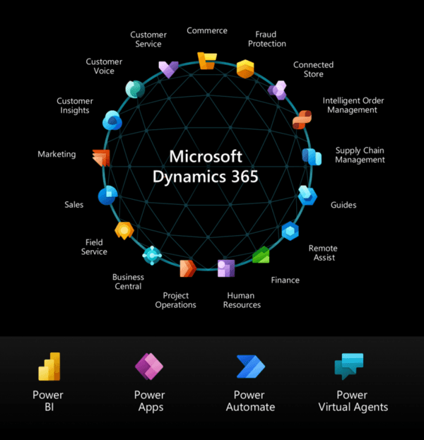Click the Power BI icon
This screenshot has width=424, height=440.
click(x=49, y=367)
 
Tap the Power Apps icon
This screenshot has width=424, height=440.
click(x=149, y=367)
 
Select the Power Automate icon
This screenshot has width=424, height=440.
click(x=250, y=367)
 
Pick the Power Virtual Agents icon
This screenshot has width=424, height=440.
click(x=349, y=367)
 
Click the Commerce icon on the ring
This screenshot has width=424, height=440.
click(x=207, y=61)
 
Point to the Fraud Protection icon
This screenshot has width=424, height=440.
click(x=245, y=69)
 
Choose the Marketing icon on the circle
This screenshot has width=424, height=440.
click(x=101, y=157)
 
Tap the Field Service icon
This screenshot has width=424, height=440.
click(x=124, y=231)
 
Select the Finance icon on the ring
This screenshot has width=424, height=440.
click(x=261, y=255)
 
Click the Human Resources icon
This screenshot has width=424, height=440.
click(x=226, y=268)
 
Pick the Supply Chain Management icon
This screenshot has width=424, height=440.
click(x=312, y=157)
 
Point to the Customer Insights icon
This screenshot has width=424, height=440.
click(x=112, y=120)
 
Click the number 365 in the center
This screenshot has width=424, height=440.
click(x=245, y=177)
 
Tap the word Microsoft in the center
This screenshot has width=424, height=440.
click(x=206, y=156)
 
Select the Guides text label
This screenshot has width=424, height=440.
click(x=343, y=205)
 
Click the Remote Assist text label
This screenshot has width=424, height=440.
click(x=323, y=253)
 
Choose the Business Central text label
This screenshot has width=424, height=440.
click(x=128, y=282)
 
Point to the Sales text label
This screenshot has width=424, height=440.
click(x=74, y=205)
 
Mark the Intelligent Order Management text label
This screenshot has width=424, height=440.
click(x=353, y=105)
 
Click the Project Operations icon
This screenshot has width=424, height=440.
click(x=188, y=268)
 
